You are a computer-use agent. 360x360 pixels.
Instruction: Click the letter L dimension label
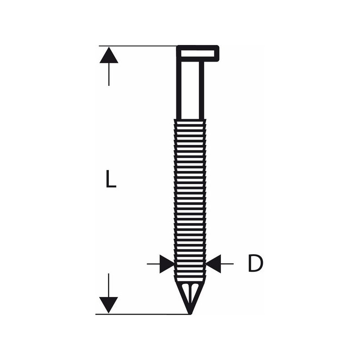(x=111, y=179)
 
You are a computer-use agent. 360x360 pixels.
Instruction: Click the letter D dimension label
(x=256, y=264)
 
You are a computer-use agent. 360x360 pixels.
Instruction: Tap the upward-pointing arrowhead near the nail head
(x=109, y=55)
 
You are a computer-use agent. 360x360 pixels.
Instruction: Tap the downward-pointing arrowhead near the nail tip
(x=108, y=305)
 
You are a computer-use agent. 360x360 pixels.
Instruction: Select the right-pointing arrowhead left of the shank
(x=167, y=264)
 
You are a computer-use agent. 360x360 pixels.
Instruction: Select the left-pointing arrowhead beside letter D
(x=213, y=264)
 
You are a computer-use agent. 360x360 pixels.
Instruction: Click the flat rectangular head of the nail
(x=198, y=54)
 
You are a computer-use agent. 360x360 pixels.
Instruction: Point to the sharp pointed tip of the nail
(x=190, y=314)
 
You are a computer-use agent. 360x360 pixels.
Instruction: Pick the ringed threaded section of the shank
(x=190, y=200)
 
